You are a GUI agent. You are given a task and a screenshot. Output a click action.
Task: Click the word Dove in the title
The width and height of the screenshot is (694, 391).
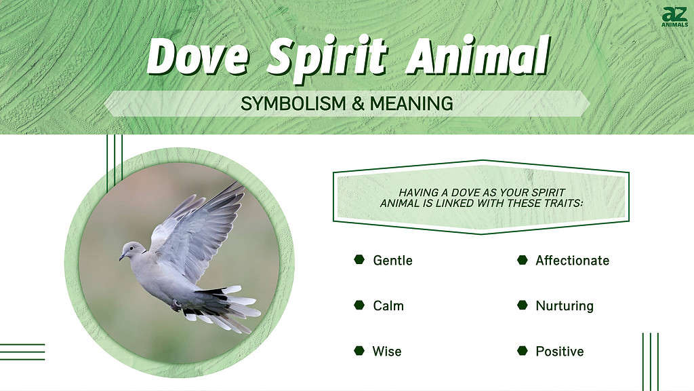pyautogui.click(x=197, y=57)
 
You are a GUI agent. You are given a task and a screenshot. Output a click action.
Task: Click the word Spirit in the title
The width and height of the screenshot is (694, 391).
pyautogui.click(x=327, y=59)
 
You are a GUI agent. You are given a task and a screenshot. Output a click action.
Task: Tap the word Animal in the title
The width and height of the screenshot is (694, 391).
pyautogui.click(x=478, y=56)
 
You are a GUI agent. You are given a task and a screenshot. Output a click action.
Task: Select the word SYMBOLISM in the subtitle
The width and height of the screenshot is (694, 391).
pyautogui.click(x=293, y=104)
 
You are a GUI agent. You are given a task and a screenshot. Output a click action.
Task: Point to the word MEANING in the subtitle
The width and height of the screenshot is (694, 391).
pyautogui.click(x=411, y=104)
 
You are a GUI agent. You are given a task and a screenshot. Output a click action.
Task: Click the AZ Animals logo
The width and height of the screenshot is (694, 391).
pyautogui.click(x=674, y=17)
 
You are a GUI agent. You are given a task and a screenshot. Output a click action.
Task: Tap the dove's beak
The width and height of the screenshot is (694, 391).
pyautogui.click(x=122, y=257)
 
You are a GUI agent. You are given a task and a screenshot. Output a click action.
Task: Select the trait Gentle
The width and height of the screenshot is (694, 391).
pyautogui.click(x=392, y=261)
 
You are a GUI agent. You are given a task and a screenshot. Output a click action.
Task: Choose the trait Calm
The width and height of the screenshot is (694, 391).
pyautogui.click(x=388, y=306)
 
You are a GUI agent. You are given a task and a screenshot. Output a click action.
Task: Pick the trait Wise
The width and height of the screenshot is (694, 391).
pyautogui.click(x=387, y=352)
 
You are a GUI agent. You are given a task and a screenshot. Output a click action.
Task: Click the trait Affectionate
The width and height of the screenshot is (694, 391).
pyautogui.click(x=572, y=261)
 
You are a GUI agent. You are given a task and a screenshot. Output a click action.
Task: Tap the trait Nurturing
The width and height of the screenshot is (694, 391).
pyautogui.click(x=565, y=306)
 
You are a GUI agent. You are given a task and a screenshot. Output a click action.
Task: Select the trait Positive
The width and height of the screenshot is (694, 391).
pyautogui.click(x=559, y=352)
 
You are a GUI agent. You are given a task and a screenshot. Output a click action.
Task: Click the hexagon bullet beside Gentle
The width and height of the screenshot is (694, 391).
pyautogui.click(x=359, y=260)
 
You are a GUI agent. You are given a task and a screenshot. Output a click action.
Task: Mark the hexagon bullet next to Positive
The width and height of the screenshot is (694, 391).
pyautogui.click(x=523, y=351)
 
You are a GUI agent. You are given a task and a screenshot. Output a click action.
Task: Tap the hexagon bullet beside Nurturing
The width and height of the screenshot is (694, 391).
pyautogui.click(x=523, y=305)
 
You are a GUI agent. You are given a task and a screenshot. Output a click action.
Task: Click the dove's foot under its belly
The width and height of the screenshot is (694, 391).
pyautogui.click(x=177, y=305)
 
